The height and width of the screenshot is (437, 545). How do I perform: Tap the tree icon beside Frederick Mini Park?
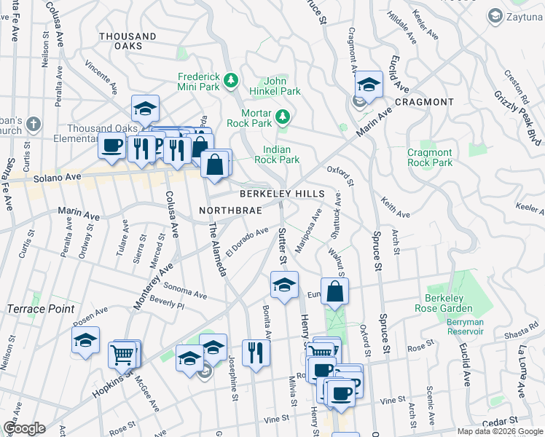tap(231, 79)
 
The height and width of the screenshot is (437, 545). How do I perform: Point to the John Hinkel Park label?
tap(282, 86)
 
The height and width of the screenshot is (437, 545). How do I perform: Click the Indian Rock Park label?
tap(281, 154)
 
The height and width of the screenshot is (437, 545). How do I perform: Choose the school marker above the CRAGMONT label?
tap(369, 86)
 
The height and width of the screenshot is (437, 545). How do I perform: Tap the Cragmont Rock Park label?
tap(430, 157)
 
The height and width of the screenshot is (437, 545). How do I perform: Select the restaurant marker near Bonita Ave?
tap(256, 354)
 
